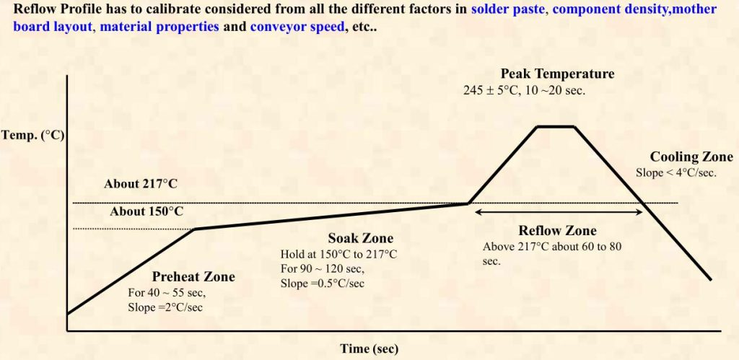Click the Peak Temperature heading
click(x=558, y=74)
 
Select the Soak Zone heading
click(x=361, y=238)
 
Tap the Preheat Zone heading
click(x=193, y=276)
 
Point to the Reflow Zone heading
click(x=558, y=230)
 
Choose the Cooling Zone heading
click(x=691, y=157)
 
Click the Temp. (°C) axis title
click(x=32, y=136)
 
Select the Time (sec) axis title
click(x=369, y=349)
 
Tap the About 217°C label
click(x=141, y=184)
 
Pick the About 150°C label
click(x=147, y=211)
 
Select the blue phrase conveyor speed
click(x=297, y=27)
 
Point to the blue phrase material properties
click(x=159, y=27)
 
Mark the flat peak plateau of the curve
click(x=556, y=126)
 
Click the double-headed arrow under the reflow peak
click(x=559, y=212)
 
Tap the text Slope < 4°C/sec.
click(x=676, y=172)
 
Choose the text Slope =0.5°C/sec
click(x=323, y=284)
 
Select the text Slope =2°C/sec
click(x=165, y=308)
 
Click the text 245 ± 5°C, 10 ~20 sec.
click(x=524, y=90)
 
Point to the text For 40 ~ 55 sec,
click(x=167, y=293)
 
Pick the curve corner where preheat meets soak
click(x=195, y=229)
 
